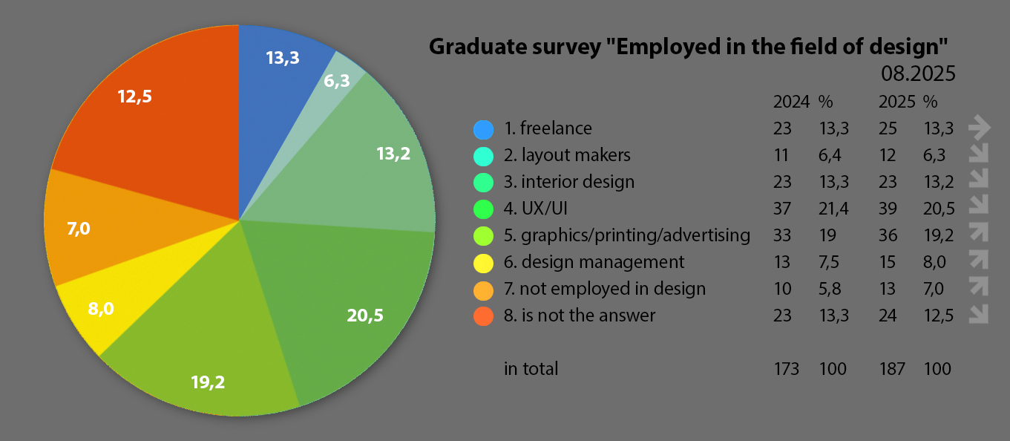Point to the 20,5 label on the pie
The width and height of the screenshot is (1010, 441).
click(365, 315)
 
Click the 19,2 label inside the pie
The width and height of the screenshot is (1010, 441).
click(207, 382)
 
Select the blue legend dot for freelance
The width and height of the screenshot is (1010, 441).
click(483, 129)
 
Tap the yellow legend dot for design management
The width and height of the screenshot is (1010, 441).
click(483, 262)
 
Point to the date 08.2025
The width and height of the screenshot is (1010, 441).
click(917, 74)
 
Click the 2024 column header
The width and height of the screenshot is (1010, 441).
click(786, 102)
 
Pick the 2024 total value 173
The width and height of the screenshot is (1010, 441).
click(786, 369)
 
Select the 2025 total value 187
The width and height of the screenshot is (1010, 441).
click(891, 369)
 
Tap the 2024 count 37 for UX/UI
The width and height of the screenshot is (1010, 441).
click(782, 209)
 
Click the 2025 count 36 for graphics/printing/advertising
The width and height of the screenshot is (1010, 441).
click(888, 235)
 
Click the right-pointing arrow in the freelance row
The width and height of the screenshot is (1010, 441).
click(980, 128)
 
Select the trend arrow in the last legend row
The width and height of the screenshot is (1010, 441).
click(980, 315)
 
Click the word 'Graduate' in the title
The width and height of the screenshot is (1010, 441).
click(475, 48)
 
